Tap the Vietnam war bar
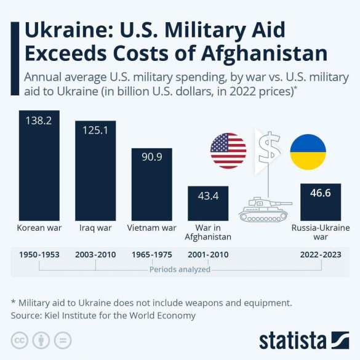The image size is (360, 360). point(151,184)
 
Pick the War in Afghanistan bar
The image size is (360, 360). point(208,203)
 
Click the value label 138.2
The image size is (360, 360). point(38,121)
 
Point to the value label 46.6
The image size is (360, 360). point(320,193)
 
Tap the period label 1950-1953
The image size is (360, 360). point(39,254)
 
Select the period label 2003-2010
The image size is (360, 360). point(95,254)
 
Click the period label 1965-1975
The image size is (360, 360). point(151,254)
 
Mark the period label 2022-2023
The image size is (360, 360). point(320,254)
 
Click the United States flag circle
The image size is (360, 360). point(228,151)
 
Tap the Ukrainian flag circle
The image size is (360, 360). point(308,151)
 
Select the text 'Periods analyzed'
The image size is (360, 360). point(180,270)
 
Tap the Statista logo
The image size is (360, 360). point(304,340)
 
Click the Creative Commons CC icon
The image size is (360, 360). point(20,340)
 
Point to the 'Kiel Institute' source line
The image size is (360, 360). point(103,315)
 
